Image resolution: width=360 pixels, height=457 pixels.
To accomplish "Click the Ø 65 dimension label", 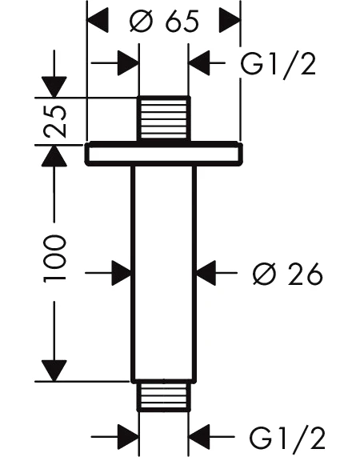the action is pos(164,21).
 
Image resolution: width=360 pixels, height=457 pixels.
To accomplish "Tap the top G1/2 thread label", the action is pos(278,66).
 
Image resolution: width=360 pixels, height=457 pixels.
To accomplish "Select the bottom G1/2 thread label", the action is pos(287,438).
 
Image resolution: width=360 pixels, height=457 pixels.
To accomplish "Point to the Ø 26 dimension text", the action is pos(288,274).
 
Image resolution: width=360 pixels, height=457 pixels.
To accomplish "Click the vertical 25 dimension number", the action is pos(54,120).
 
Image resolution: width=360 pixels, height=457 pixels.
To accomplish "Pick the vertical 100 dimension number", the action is pos(54,259).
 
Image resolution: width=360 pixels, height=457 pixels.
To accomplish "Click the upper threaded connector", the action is pos(164,118).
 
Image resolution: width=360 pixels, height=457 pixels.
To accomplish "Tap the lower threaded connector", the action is pos(163,397).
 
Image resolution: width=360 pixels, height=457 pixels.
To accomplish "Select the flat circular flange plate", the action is pos(164,154).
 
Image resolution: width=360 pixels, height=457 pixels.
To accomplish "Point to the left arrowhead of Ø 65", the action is pos(98,21).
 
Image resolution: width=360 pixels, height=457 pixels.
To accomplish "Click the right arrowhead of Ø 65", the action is pos(230,21).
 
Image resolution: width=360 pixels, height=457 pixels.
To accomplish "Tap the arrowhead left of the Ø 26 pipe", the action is pos(122,273).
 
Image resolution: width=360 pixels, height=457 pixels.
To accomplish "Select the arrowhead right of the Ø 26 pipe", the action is pos(206,273).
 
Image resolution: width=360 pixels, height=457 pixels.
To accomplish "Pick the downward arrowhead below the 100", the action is pos(54,371).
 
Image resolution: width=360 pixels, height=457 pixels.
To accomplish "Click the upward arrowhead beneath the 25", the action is pos(54,156).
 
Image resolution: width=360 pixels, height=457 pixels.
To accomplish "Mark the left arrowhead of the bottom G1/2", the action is pos(128,437).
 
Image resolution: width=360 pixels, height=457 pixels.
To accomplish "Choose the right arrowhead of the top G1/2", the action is pos(199,62).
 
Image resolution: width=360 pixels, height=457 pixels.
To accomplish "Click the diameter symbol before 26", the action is pos(264,274).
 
